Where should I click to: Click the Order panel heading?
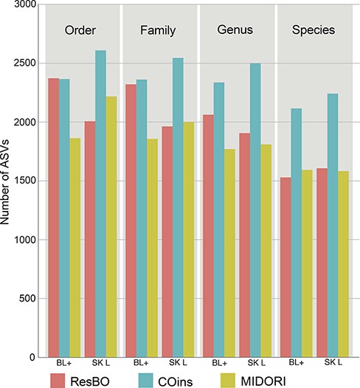[x=81, y=31]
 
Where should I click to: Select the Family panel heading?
[x=158, y=31]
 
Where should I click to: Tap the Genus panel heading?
[x=235, y=31]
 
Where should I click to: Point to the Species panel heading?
[x=312, y=31]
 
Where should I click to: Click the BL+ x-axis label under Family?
[x=141, y=364]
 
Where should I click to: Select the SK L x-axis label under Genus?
[x=254, y=364]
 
